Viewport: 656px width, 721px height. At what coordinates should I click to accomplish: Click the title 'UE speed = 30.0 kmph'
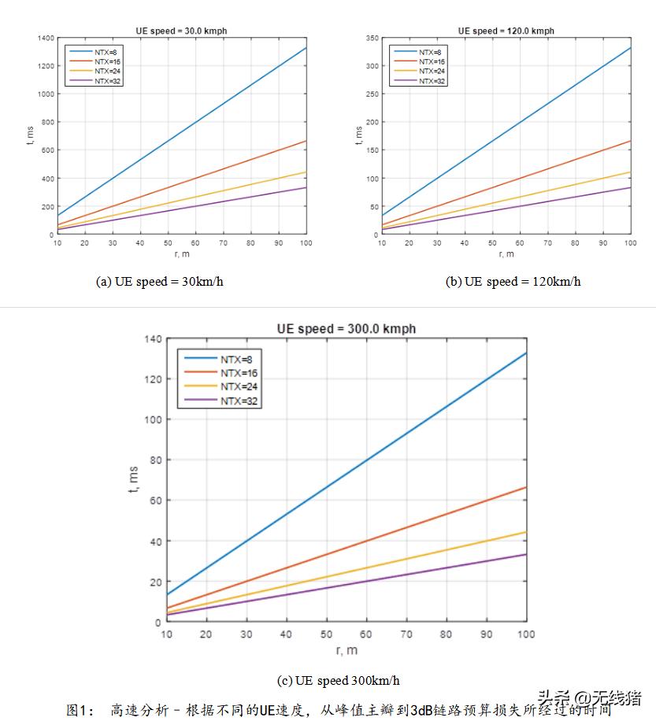tap(182, 31)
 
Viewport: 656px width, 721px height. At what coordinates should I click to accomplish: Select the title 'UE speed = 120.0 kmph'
tap(506, 31)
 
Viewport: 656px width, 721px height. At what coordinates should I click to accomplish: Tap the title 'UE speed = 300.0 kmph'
tap(346, 328)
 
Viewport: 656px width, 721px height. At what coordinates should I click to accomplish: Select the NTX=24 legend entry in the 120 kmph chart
tap(432, 71)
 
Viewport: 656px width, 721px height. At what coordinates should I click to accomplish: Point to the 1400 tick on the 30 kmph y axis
tap(45, 38)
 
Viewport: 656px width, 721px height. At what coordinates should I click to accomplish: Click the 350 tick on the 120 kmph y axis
tap(372, 38)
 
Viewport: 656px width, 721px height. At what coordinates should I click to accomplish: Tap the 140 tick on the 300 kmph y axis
tap(152, 339)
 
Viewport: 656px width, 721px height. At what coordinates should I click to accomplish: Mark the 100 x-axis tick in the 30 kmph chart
tap(306, 243)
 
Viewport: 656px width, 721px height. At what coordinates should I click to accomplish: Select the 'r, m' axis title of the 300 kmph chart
tap(346, 650)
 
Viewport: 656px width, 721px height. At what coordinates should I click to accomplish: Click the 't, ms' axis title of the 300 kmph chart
tap(133, 479)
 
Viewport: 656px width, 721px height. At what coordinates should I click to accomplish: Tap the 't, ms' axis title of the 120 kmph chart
tap(358, 135)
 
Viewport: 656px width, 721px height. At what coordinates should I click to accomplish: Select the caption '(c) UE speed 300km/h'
tap(343, 680)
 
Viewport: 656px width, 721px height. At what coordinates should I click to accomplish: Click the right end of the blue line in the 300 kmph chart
tap(526, 353)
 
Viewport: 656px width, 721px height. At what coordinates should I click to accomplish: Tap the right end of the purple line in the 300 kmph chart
tap(526, 554)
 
